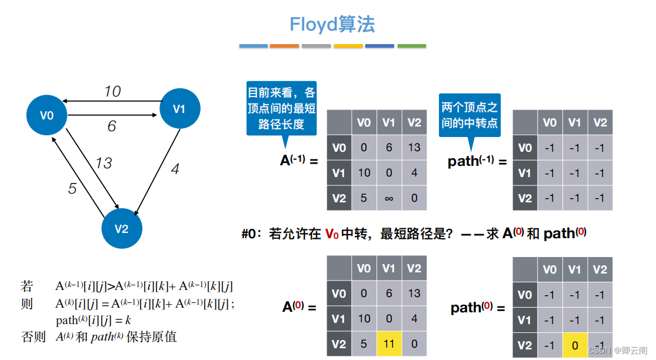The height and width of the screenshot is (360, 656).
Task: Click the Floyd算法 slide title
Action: pos(332,24)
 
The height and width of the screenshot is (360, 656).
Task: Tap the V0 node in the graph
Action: pos(47,115)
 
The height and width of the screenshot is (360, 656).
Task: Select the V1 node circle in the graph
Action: pos(179,108)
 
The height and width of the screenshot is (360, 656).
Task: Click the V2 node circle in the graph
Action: pos(121,229)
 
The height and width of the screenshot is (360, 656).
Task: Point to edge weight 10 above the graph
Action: pos(112,91)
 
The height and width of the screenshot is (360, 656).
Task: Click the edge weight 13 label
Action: pos(104,163)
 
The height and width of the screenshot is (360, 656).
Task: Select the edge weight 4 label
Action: pos(175,169)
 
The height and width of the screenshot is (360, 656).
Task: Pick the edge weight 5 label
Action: pos(72,188)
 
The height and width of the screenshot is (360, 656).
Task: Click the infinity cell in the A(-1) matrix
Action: pos(389,198)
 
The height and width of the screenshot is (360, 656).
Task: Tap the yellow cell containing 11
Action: pos(389,344)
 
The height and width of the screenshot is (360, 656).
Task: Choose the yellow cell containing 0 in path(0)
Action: pos(575,344)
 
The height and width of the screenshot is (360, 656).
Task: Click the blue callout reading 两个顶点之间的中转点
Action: pos(469,115)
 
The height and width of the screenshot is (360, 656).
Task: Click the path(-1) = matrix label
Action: pos(477,161)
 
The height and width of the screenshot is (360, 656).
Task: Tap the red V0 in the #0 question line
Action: pos(331,234)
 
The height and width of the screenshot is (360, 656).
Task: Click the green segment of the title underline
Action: pos(411,45)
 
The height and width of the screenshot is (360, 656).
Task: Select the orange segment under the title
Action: pos(285,45)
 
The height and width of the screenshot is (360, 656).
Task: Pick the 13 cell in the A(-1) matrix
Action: pos(414,148)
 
